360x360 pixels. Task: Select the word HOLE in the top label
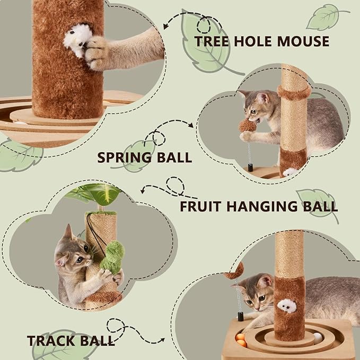click(x=257, y=41)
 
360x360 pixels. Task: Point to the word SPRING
click(x=126, y=157)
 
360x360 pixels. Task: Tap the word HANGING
click(x=258, y=206)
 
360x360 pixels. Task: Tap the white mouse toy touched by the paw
click(x=75, y=40)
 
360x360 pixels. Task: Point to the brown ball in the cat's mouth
click(x=247, y=125)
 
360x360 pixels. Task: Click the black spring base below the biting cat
click(x=250, y=168)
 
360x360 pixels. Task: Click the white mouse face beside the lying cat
click(x=286, y=306)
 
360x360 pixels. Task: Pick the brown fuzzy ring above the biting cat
click(x=294, y=92)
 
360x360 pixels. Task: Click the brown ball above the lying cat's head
click(x=234, y=271)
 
